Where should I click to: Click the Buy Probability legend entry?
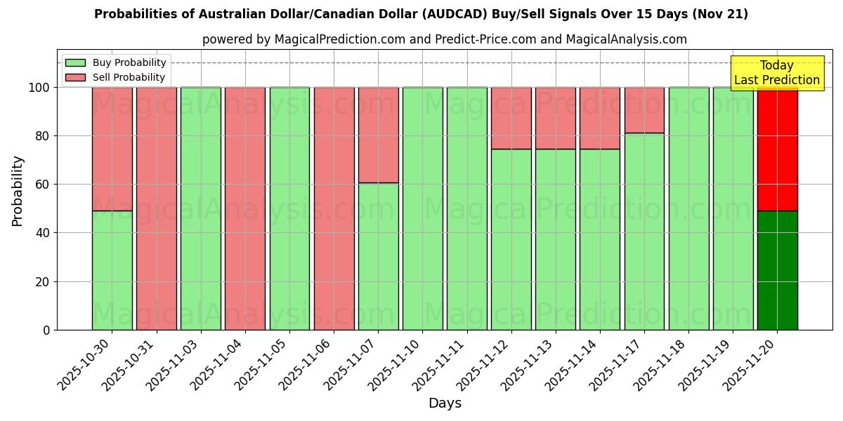point(115,62)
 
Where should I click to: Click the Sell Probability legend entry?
point(115,77)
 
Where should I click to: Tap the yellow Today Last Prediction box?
point(776,73)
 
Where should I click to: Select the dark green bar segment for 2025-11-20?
point(777,270)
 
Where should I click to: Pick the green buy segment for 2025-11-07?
point(378,256)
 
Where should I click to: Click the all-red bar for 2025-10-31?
point(157,208)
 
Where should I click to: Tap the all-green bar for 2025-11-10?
point(422,208)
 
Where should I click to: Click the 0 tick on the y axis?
point(46,330)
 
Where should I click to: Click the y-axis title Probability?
point(18,191)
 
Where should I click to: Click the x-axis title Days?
point(445,403)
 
